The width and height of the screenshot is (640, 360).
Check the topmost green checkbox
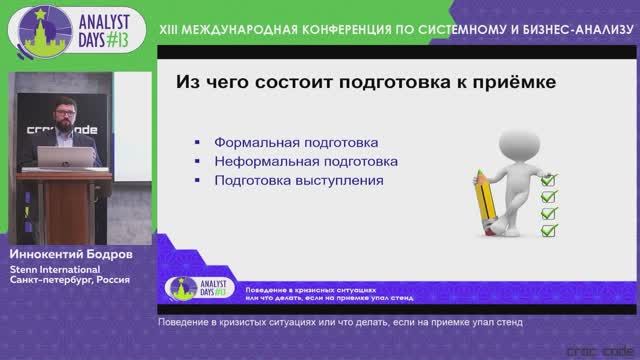(547, 178)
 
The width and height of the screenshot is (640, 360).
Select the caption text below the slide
(340, 323)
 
